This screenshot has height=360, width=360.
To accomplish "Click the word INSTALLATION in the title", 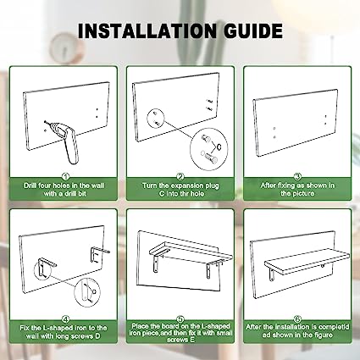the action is pyautogui.click(x=147, y=30).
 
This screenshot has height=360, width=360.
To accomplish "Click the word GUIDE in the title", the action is pyautogui.click(x=253, y=30).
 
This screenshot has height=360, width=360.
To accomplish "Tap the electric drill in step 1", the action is pyautogui.click(x=67, y=141).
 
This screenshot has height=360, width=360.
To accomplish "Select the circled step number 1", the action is pyautogui.click(x=65, y=177).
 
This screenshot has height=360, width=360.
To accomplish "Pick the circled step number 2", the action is pyautogui.click(x=180, y=177).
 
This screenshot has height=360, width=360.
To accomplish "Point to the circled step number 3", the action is pyautogui.click(x=297, y=177).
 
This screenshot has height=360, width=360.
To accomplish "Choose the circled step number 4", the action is pyautogui.click(x=65, y=319).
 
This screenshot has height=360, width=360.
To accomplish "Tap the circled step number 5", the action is pyautogui.click(x=180, y=319).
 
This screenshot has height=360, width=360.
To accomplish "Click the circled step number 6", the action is pyautogui.click(x=297, y=319).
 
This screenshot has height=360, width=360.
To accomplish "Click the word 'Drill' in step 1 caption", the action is pyautogui.click(x=30, y=186).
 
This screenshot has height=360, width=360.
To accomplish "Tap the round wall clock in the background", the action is pyautogui.click(x=64, y=47).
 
